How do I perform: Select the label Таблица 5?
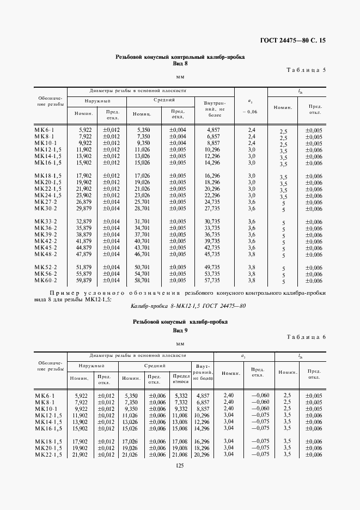[306, 70]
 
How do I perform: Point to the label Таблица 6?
[306, 337]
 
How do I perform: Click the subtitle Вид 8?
[180, 63]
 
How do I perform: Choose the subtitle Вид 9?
[180, 331]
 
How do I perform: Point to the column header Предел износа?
[180, 379]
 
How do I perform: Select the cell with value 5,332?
[180, 396]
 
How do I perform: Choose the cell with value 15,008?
[180, 428]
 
